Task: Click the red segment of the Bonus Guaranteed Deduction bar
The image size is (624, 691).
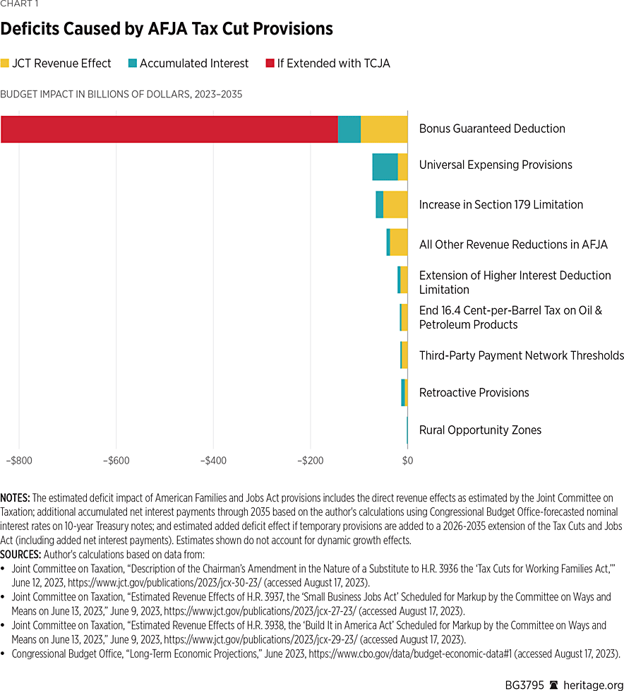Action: (169, 129)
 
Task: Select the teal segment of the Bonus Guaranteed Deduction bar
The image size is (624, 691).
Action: (349, 129)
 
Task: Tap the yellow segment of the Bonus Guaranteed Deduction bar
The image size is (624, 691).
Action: (384, 129)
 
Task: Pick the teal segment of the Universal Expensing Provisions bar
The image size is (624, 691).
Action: (385, 166)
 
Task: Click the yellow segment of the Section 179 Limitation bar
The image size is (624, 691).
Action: (395, 204)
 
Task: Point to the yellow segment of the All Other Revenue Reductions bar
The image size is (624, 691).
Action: (399, 242)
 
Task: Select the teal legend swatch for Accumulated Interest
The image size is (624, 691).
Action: (132, 64)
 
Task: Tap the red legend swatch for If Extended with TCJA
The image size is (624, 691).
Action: (270, 64)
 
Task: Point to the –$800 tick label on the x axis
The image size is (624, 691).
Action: (19, 461)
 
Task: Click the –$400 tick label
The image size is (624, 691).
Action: (213, 461)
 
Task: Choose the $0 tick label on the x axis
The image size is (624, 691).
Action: (407, 461)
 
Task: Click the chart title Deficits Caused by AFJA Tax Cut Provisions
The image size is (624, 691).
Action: (167, 29)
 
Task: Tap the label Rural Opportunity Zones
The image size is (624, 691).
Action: (480, 430)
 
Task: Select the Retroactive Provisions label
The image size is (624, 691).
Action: (474, 392)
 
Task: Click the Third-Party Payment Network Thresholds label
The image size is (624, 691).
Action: (521, 355)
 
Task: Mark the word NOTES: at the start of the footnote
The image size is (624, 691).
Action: (15, 498)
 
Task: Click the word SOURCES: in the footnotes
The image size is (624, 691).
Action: (19, 551)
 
